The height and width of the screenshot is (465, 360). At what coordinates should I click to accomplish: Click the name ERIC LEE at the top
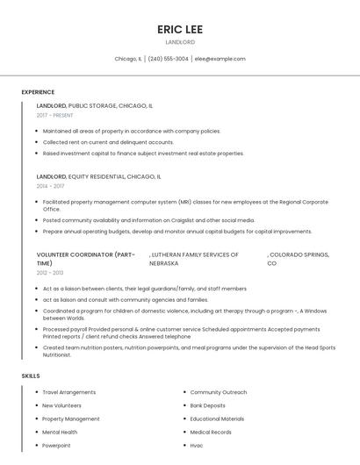(180, 29)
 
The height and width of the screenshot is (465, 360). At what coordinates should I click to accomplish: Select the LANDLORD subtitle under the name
(180, 42)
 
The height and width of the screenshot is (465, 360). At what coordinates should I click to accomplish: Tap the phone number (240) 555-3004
(168, 59)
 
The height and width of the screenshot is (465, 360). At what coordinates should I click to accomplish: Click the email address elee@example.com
(220, 59)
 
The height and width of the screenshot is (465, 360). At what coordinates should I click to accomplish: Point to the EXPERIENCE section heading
(38, 92)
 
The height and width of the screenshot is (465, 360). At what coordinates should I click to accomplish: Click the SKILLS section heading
(31, 376)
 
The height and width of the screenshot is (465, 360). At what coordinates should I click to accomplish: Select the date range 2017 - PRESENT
(54, 115)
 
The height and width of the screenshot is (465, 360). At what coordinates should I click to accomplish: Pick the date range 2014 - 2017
(50, 186)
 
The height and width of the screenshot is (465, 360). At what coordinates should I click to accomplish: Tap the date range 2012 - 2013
(50, 273)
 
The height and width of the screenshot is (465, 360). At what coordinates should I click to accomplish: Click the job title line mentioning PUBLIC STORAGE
(94, 105)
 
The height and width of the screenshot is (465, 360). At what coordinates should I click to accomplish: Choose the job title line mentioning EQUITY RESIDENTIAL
(98, 176)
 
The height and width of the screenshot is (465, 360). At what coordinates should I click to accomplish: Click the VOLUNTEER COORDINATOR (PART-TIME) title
(85, 259)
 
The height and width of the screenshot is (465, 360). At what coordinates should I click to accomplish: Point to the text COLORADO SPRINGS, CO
(298, 259)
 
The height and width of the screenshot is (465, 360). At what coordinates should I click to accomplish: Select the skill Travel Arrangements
(69, 392)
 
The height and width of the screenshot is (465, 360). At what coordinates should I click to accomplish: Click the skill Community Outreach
(219, 392)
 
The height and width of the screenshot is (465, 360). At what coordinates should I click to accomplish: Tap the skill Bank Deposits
(208, 405)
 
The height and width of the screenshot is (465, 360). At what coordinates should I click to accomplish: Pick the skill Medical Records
(211, 432)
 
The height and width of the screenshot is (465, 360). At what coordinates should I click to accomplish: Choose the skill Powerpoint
(56, 445)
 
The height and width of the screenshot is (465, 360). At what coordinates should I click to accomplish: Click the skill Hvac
(197, 445)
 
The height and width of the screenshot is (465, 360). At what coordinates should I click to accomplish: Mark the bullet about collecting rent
(108, 142)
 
